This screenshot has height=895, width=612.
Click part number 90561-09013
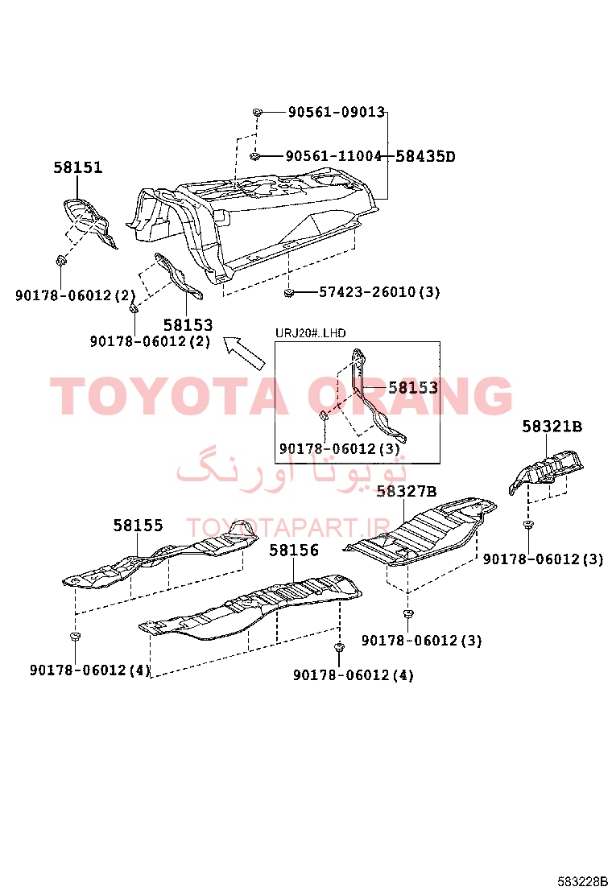(x=337, y=112)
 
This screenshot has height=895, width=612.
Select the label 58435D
(x=425, y=156)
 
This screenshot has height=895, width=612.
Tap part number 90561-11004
(x=333, y=156)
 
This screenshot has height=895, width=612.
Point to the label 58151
(x=78, y=167)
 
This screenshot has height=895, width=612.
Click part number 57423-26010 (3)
(x=379, y=292)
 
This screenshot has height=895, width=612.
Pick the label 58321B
(x=552, y=427)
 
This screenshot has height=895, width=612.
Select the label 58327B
(x=407, y=492)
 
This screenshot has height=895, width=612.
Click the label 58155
(x=139, y=525)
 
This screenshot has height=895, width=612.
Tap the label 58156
(x=294, y=551)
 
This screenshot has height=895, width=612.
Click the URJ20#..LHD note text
(x=311, y=333)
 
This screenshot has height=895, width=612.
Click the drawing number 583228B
(x=582, y=881)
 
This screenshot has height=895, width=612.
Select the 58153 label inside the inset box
(x=413, y=388)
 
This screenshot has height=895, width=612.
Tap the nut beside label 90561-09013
(x=257, y=112)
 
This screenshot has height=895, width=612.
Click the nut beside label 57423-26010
(x=289, y=294)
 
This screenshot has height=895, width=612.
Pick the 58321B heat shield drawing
(x=546, y=471)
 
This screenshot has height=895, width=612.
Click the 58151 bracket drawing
(x=89, y=222)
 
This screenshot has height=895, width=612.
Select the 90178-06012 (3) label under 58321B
(x=543, y=559)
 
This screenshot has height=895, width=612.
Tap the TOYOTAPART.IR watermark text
(x=288, y=528)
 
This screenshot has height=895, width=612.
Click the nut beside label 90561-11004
(x=255, y=156)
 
